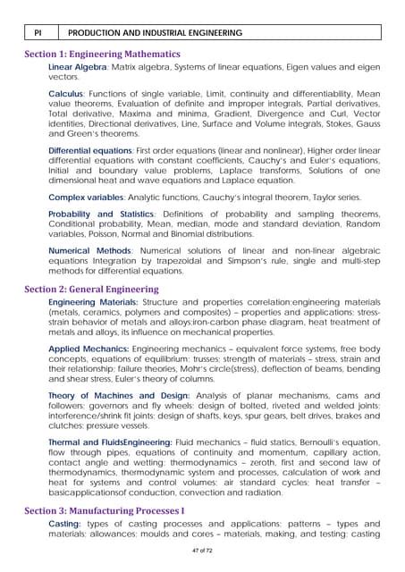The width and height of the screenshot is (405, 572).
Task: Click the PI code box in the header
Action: click(38, 32)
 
